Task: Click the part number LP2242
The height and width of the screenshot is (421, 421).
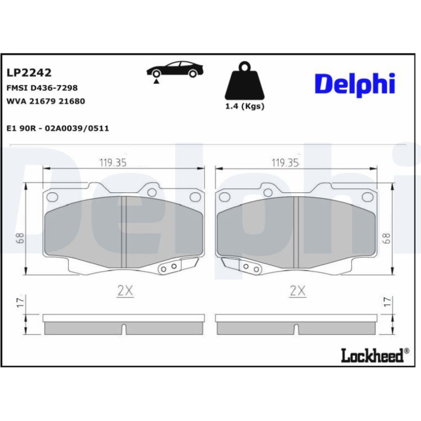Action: [29, 73]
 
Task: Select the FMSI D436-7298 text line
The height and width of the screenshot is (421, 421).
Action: [42, 88]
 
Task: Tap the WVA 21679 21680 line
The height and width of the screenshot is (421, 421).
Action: [45, 101]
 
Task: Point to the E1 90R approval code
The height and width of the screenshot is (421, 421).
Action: [58, 128]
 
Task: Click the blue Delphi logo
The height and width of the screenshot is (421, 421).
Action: [355, 85]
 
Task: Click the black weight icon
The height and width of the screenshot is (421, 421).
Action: [244, 80]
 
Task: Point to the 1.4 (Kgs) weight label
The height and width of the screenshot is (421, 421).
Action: [244, 106]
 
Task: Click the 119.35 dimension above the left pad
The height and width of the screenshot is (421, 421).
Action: [113, 163]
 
